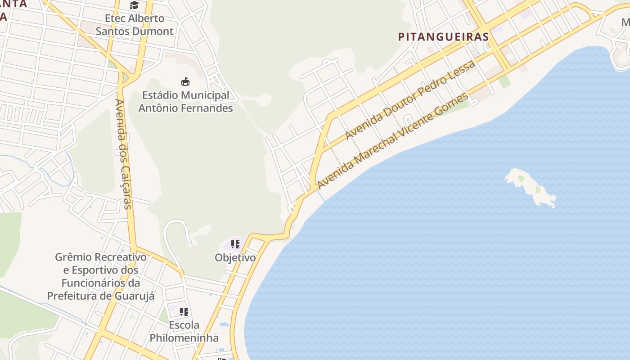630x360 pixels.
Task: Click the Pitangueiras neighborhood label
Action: tap(443, 37)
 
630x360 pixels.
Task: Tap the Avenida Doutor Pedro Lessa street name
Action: tap(410, 100)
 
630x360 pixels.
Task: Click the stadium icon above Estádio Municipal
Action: tap(185, 81)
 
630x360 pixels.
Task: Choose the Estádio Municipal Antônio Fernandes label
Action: tap(185, 102)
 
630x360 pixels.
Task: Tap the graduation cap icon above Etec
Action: tap(134, 5)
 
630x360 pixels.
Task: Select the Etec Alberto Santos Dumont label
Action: tap(134, 25)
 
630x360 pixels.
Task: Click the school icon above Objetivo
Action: tap(235, 244)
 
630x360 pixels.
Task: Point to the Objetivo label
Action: tap(235, 258)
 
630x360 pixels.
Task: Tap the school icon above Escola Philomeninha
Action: tap(184, 311)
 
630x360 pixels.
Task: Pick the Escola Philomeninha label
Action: tap(184, 331)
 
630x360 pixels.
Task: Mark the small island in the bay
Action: tap(531, 187)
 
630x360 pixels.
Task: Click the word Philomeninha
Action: tap(184, 338)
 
